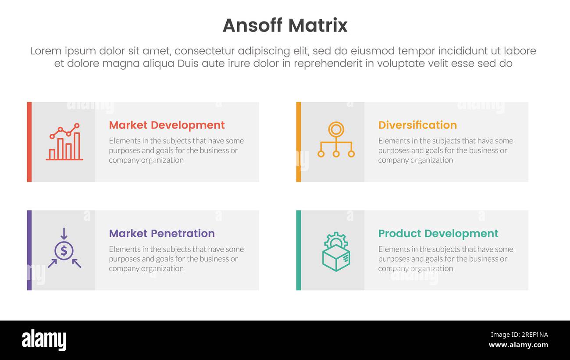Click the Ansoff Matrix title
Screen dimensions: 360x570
point(285,25)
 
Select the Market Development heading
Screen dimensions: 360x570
point(167,125)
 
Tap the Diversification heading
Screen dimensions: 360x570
point(417,125)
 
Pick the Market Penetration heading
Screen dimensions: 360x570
point(162,233)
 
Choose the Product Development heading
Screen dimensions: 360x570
point(438,233)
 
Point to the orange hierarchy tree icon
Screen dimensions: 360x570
point(336,140)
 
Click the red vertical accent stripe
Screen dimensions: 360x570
point(29,142)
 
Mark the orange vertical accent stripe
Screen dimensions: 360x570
point(299,142)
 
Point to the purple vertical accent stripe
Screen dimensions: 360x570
point(29,250)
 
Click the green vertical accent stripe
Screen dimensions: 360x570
point(299,250)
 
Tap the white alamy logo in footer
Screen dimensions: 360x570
point(44,340)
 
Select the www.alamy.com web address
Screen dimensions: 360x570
point(518,345)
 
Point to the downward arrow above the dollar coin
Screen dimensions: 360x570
point(64,234)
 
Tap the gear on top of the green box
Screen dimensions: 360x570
point(336,240)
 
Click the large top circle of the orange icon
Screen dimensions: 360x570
point(336,129)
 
